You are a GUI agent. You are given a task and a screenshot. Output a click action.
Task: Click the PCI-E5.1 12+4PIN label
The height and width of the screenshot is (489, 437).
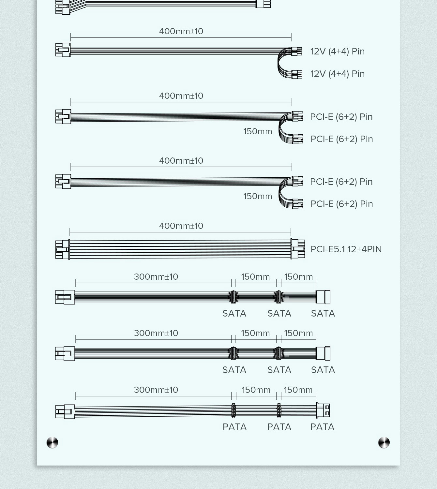coord(346,249)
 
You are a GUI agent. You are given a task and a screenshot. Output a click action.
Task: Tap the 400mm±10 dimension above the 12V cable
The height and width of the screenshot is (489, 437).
coord(181,31)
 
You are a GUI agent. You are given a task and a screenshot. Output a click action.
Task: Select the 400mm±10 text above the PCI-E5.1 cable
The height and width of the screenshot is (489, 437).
coord(181,226)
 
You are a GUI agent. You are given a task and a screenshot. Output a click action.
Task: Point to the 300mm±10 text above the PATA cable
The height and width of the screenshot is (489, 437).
coord(156,390)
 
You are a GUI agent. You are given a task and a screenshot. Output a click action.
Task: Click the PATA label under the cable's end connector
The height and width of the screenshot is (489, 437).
coord(322,427)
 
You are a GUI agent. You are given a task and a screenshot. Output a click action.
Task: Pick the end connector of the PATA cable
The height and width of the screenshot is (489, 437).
coord(323,410)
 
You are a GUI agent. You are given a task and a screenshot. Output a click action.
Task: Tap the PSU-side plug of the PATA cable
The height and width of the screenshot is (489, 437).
coord(65,411)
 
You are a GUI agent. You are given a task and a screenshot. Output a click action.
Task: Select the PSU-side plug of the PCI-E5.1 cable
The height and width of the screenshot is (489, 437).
coord(62,250)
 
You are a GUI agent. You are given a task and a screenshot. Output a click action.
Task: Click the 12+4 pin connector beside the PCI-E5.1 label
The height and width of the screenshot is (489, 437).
coord(298,249)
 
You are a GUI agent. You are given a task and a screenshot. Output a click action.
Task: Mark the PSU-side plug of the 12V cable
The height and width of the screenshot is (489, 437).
coord(63,50)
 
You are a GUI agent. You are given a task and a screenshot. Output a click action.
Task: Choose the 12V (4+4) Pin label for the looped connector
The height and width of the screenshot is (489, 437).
coord(337,74)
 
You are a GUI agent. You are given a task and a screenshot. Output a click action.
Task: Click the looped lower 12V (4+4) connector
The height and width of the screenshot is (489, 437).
coord(297,74)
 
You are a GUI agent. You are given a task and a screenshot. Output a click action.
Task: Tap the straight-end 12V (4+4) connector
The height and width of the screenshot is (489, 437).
coord(296,51)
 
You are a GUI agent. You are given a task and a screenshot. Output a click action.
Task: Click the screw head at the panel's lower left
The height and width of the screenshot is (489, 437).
coord(52,443)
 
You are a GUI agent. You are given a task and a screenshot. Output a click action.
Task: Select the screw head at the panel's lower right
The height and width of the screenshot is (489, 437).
coord(384,443)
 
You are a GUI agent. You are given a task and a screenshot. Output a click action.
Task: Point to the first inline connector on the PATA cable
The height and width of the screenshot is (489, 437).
coord(234,410)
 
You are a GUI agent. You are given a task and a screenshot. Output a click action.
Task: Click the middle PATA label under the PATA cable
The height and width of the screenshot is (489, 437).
coord(279,427)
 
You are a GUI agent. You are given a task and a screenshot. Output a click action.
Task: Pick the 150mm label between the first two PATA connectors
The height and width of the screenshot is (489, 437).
coord(256,390)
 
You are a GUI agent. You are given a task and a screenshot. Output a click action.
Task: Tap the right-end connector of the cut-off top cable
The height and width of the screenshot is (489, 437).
coord(263,4)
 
